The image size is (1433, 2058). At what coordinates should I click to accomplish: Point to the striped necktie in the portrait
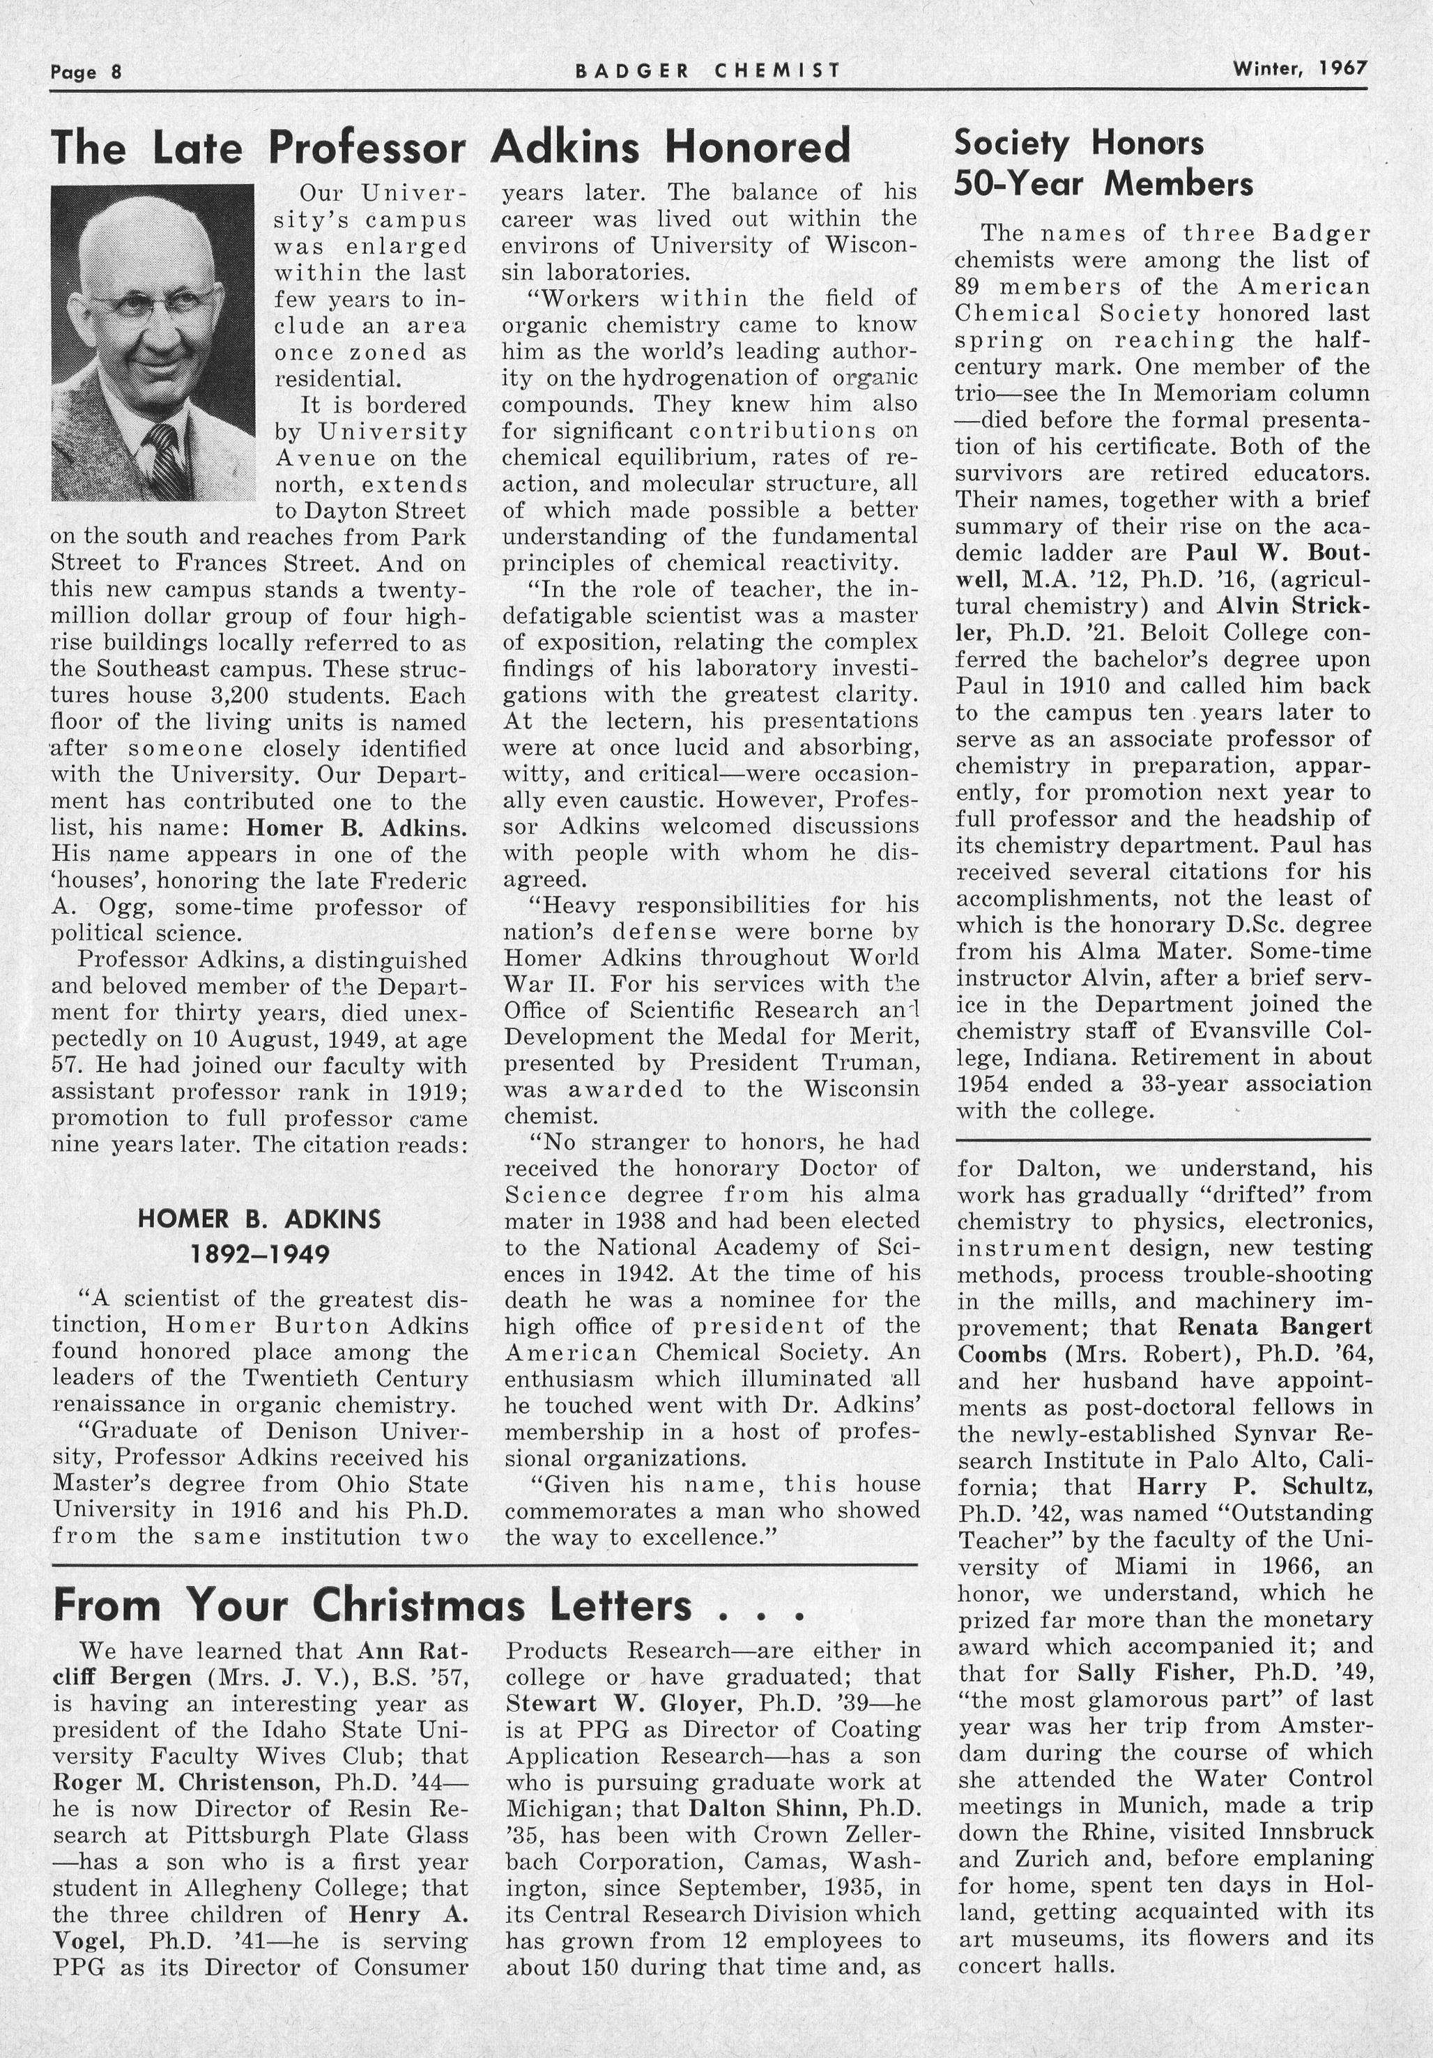point(167,462)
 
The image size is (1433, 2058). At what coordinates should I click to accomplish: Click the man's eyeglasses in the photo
point(153,303)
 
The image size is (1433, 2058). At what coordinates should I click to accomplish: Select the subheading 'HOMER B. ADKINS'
point(259,1219)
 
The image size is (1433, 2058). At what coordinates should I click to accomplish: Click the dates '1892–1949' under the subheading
point(259,1253)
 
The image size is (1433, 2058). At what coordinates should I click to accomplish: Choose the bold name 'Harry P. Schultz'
point(1255,1486)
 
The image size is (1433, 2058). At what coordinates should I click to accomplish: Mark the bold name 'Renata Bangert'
point(1274,1327)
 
